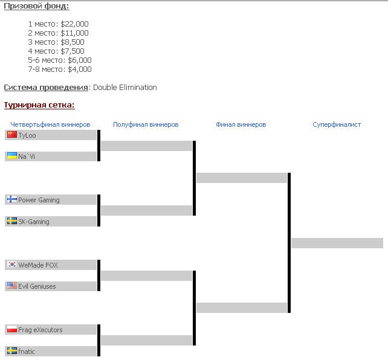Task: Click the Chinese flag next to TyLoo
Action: coord(12,135)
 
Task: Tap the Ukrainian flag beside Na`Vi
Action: coord(12,156)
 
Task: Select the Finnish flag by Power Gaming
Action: coord(12,199)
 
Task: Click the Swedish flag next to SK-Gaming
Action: coord(12,221)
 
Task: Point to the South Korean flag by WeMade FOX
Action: coord(12,265)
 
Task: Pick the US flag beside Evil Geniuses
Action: coord(12,286)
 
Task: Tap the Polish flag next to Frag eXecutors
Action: coord(12,329)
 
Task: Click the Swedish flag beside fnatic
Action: coord(12,350)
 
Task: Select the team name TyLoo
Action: coord(27,135)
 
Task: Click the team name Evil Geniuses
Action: coord(37,286)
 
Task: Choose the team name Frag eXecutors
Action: coord(40,330)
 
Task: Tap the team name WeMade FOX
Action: coord(38,265)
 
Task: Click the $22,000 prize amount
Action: coord(74,24)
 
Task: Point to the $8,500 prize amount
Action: coord(73,42)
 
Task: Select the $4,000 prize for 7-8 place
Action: coord(80,69)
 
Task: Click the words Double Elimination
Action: coord(125,87)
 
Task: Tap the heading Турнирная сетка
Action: coord(39,105)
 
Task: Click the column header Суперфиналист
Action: coord(337,124)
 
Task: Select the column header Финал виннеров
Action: coord(241,124)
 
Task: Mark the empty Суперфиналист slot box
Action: coord(337,243)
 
